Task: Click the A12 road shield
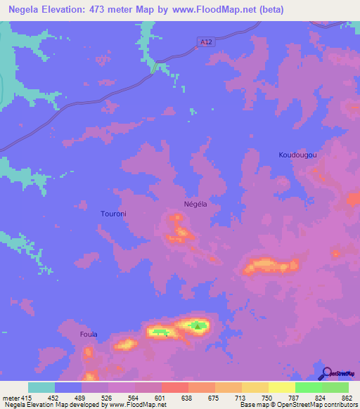tap(205, 43)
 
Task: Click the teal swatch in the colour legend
tap(41, 387)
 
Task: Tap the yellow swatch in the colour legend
tap(281, 387)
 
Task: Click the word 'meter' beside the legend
tap(11, 398)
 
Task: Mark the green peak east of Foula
tap(198, 325)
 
